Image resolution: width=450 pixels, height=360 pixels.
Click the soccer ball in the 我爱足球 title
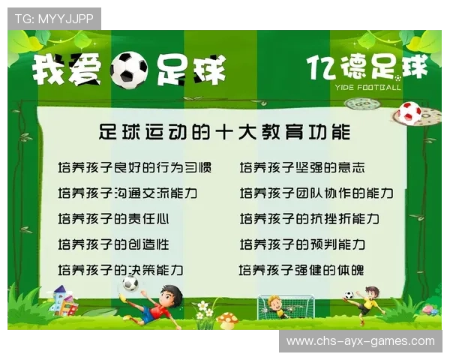pos(128,70)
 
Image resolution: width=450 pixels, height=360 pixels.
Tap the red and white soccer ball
pos(409,112)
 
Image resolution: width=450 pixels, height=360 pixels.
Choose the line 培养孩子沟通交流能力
pos(127,193)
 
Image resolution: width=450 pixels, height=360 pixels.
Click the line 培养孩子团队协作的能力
pos(316,193)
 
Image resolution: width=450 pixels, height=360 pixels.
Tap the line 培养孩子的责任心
pos(113,219)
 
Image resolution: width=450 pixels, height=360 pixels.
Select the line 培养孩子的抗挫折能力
pos(309,219)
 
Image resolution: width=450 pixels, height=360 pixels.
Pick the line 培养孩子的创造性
pos(113,244)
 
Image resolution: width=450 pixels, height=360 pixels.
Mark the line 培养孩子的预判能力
pos(302,244)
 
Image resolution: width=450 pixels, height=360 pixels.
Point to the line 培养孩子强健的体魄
pos(301,270)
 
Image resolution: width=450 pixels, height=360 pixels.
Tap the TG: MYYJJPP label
pos(53,19)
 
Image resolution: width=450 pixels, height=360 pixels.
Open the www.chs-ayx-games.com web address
pos(360,341)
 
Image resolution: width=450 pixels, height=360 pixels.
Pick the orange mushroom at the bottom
pos(226,319)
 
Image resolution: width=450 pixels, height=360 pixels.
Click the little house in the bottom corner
pos(63,301)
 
